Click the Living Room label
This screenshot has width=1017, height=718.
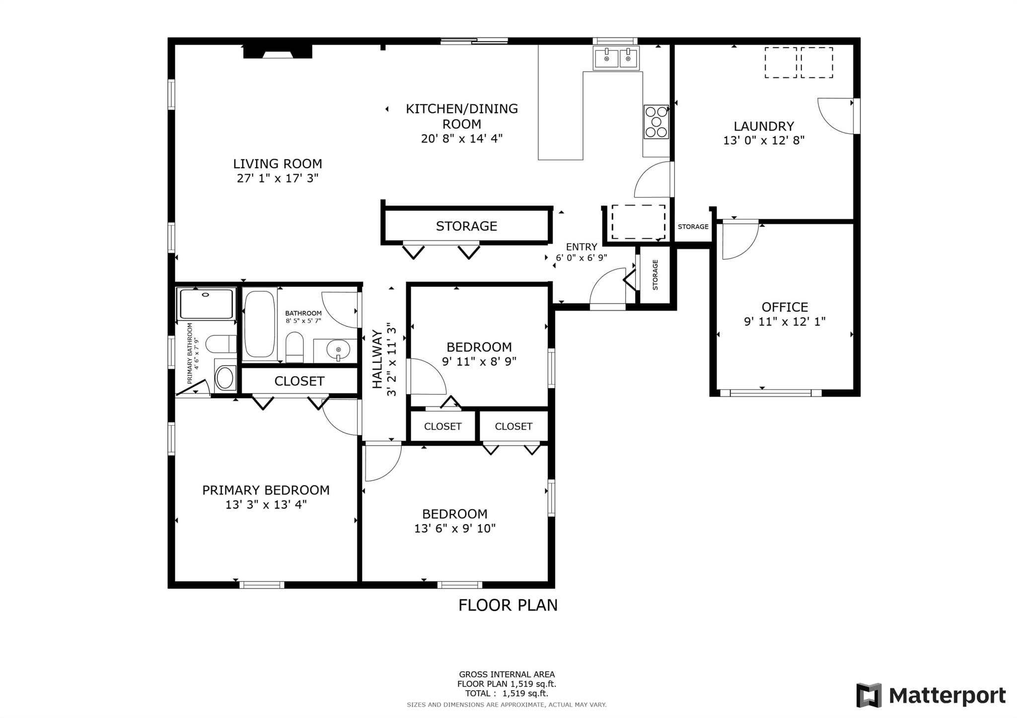click(x=278, y=164)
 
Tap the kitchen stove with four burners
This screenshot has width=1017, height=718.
click(x=656, y=122)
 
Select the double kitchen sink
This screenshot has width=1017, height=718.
click(x=616, y=59)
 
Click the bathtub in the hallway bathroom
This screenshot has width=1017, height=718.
click(x=260, y=324)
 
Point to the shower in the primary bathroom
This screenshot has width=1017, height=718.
click(x=206, y=304)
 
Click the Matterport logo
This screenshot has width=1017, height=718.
click(x=931, y=695)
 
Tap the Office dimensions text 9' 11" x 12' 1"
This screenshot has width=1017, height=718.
click(x=785, y=322)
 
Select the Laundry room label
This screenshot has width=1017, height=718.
click(x=764, y=127)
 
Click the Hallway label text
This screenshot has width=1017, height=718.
click(x=377, y=359)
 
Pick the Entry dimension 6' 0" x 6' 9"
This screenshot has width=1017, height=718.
click(x=581, y=258)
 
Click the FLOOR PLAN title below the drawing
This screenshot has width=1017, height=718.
click(x=508, y=605)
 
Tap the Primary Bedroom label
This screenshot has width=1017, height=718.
click(x=266, y=490)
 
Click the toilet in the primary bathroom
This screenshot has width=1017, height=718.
click(x=221, y=343)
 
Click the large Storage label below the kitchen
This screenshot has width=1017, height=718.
click(x=466, y=226)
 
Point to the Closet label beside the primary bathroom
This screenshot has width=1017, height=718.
click(x=299, y=381)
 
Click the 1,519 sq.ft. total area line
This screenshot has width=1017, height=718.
click(x=507, y=693)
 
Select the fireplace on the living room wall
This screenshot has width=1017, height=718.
click(x=278, y=52)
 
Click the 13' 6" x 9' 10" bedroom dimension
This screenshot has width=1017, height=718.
click(x=455, y=528)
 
